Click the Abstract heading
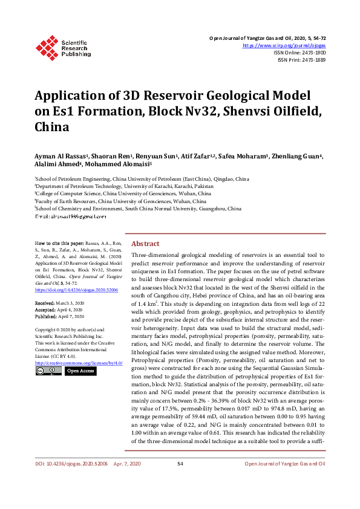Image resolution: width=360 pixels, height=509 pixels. [x=145, y=243]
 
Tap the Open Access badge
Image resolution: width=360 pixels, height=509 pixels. [x=79, y=371]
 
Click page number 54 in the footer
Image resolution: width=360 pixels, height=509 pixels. [x=180, y=480]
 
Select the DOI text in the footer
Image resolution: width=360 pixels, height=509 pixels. [x=60, y=480]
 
